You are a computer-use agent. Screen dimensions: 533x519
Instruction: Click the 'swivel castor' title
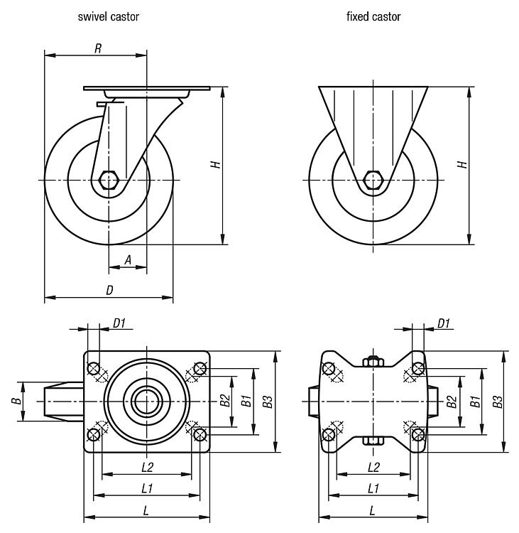point(108,16)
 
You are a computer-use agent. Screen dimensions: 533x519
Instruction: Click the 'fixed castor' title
point(373,16)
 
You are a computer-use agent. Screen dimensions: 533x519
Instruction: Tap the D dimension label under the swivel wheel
point(109,290)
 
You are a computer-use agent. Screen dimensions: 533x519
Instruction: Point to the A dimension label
point(128,261)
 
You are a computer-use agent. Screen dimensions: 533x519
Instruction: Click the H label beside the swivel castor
point(216,164)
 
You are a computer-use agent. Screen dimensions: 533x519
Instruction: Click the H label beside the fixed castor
point(462,164)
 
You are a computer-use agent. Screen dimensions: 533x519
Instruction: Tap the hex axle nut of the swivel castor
point(109,180)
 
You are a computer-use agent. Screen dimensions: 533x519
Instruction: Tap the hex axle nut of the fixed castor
point(373,180)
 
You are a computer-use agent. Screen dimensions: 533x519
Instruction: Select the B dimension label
point(15,402)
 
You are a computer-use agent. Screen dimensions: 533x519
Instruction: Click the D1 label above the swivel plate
point(119,323)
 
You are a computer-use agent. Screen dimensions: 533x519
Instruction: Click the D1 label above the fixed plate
point(444,323)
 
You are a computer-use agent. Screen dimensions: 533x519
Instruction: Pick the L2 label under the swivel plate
point(147,467)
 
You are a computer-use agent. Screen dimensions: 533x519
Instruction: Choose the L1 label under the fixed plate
point(373,488)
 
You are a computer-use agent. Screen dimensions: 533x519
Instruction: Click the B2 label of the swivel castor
point(224,402)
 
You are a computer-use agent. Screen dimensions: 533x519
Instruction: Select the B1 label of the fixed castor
point(476,402)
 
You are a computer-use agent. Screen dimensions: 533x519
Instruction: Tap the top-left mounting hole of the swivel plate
point(94,368)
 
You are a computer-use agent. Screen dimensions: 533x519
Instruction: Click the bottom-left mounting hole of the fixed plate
point(328,435)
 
